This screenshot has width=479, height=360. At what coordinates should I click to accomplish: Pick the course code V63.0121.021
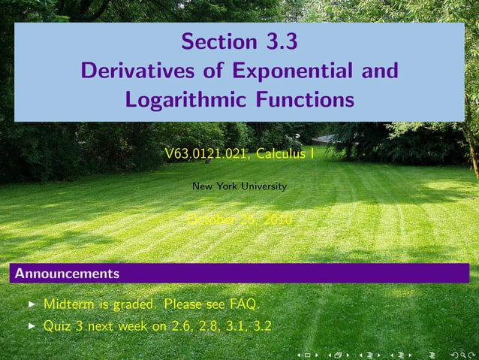pos(206,155)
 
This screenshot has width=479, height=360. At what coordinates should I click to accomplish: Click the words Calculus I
pos(285,155)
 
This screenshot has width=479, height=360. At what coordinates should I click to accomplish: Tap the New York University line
pos(239,186)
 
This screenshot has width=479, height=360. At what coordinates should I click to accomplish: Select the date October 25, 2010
pos(239,219)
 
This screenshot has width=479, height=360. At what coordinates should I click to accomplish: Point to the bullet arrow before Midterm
pos(31,305)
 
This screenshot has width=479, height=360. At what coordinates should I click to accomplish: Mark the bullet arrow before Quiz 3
pos(31,327)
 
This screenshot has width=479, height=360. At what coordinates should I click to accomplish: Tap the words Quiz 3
pos(65,326)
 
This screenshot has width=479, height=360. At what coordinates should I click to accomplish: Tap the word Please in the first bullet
pos(182,304)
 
